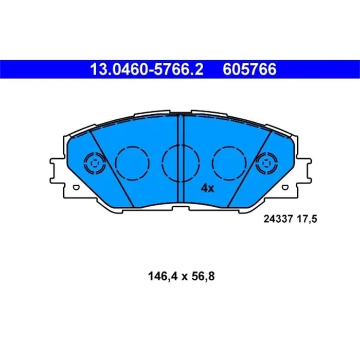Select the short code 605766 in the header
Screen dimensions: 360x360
pos(249,69)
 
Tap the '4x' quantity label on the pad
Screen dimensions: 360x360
pos(207,189)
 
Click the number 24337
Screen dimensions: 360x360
pos(278,219)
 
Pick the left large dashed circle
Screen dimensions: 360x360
pos(133,163)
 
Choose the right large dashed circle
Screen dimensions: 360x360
pos(229,163)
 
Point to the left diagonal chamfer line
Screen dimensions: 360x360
pos(111,170)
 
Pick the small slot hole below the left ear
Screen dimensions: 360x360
pos(76,189)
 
